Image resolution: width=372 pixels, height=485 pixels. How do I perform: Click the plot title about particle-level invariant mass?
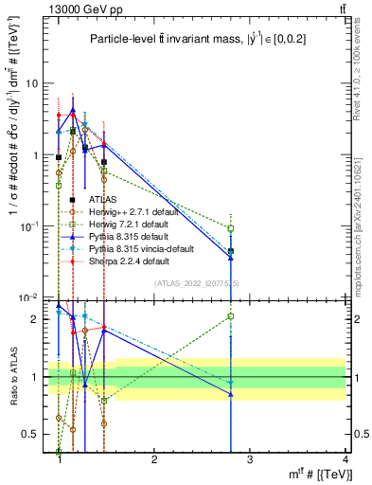click(x=198, y=39)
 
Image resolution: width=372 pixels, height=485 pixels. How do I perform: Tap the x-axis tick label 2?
click(x=154, y=458)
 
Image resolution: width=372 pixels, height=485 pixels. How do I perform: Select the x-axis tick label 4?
click(x=345, y=458)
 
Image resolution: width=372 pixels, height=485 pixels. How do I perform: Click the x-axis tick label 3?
click(x=250, y=458)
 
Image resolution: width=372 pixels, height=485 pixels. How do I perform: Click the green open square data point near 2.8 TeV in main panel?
click(x=231, y=227)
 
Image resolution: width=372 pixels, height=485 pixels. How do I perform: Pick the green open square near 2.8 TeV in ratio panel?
click(x=231, y=316)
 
